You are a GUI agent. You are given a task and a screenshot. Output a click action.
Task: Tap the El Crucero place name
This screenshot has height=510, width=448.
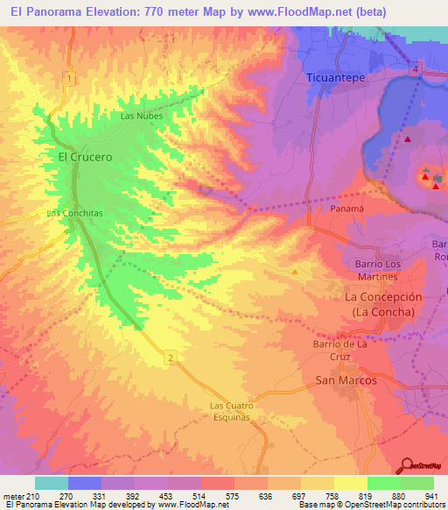85,157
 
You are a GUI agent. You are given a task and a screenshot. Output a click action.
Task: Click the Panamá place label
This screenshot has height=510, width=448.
346,210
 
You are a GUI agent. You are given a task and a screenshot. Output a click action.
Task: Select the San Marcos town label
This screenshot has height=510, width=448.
346,380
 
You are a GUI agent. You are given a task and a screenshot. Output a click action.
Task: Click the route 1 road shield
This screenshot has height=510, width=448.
67,80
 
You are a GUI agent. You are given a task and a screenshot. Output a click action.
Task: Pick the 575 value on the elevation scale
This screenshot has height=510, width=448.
233,496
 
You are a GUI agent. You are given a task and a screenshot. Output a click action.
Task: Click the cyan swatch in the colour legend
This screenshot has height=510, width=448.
52,483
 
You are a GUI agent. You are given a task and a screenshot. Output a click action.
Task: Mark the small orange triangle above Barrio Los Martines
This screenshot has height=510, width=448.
295,271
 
